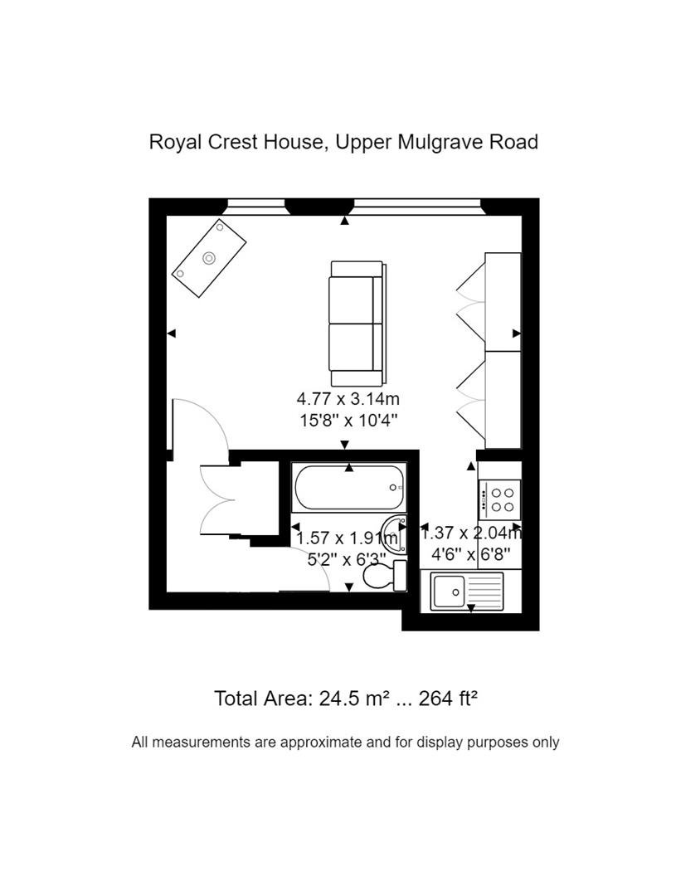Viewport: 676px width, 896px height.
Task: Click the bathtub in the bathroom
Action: [348, 488]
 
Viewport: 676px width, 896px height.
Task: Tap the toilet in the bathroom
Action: [385, 576]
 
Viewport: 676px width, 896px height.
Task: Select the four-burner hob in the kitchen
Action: [500, 499]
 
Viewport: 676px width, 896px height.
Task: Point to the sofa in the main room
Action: [357, 324]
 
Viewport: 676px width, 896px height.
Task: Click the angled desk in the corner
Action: [209, 258]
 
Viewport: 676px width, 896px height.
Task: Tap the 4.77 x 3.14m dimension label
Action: [348, 398]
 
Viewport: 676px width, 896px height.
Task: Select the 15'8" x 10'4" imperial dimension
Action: [348, 421]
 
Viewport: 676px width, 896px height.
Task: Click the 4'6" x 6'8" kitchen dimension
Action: [470, 554]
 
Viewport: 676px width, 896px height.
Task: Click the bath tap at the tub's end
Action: [393, 488]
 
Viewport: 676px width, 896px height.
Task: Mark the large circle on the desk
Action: [209, 258]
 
